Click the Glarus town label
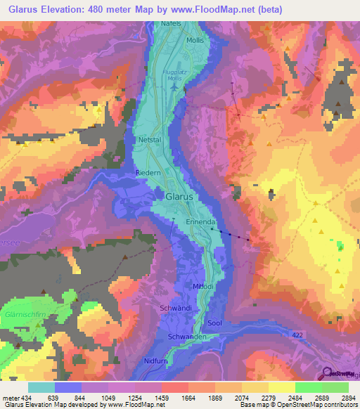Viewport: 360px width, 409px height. [x=179, y=197]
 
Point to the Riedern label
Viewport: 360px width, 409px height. [x=148, y=172]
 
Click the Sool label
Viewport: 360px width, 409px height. [x=214, y=323]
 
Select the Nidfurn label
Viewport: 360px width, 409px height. [x=155, y=360]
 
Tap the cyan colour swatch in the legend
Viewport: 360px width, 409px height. [x=41, y=387]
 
